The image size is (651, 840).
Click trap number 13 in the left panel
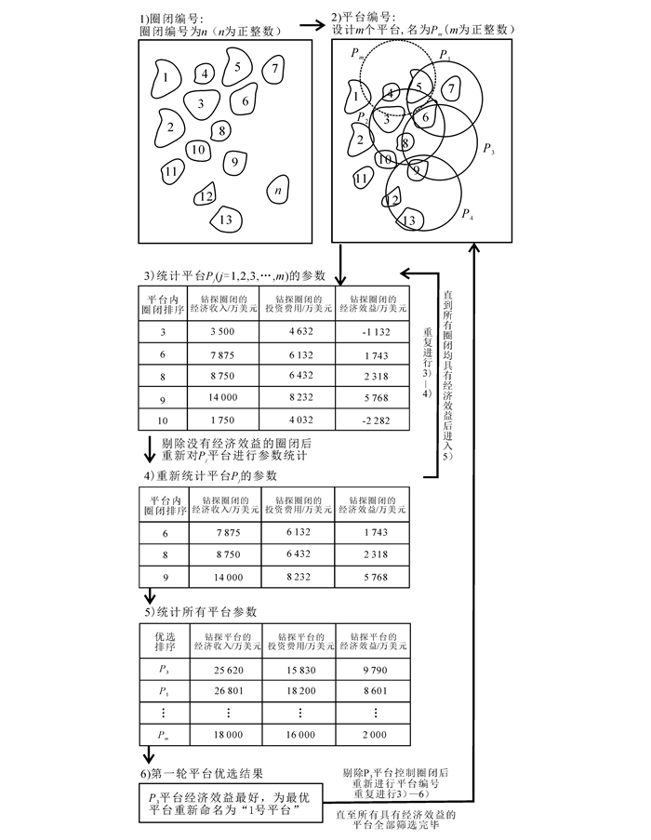click(226, 220)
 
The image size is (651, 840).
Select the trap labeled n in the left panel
click(278, 191)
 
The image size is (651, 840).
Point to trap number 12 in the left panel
click(206, 195)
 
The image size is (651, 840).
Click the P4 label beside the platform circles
click(467, 215)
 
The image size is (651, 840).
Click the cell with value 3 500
click(223, 331)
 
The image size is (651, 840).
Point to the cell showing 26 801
click(223, 691)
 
